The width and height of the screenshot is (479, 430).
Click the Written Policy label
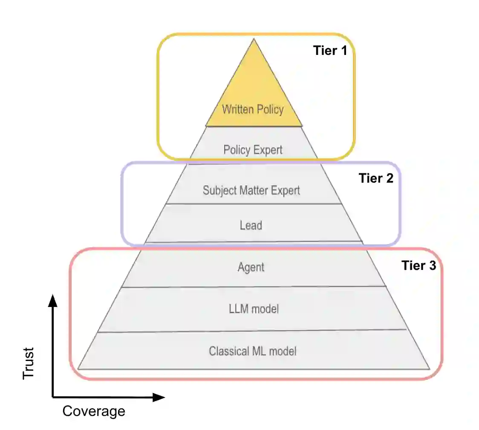253,109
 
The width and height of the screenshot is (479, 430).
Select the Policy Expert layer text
253,150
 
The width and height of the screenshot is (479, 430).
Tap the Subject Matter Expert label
251,190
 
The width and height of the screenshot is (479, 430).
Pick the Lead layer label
251,225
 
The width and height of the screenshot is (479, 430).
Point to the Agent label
251,267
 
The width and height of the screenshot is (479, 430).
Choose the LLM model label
254,309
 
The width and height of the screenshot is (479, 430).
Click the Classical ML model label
253,351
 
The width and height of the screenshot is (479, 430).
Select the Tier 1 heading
330,51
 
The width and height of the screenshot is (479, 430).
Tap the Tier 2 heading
376,178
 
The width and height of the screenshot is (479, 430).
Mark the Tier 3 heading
419,266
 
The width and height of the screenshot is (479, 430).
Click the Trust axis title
29,363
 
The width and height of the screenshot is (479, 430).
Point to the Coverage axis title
94,411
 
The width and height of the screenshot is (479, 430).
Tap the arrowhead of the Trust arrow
52,300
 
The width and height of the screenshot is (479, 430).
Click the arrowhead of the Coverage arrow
159,397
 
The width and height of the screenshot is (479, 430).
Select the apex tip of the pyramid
254,40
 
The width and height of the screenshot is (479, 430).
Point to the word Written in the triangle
237,109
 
